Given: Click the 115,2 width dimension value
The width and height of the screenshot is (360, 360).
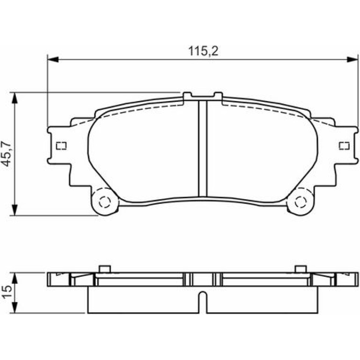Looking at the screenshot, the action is (203, 51).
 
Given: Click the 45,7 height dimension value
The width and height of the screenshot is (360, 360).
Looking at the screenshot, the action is (7, 154).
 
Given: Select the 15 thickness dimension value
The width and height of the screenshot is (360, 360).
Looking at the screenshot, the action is (7, 292).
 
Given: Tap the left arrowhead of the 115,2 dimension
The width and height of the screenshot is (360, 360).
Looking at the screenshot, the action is (53, 59).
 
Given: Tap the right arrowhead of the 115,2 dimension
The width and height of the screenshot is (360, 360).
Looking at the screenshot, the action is (353, 59).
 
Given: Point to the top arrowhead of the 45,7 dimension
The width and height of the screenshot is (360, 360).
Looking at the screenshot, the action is (14, 98).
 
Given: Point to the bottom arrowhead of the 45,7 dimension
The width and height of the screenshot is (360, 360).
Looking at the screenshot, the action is (14, 210).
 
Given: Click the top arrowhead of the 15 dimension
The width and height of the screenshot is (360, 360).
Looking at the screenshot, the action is (14, 278).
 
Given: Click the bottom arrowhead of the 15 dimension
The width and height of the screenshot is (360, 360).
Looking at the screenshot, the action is (14, 308).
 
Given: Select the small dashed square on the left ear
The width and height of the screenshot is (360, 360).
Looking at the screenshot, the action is (61, 146).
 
